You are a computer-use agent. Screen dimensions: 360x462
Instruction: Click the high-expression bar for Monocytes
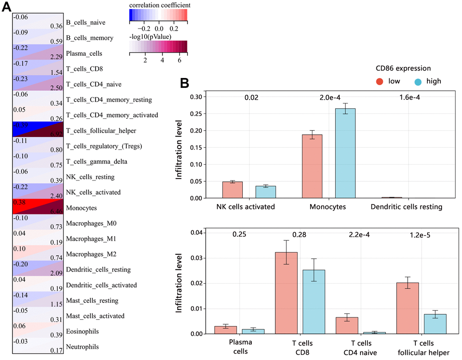(x=345, y=153)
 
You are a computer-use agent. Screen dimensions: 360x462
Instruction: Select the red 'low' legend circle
(x=379, y=81)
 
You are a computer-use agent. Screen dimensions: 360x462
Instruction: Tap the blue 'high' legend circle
(x=419, y=81)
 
